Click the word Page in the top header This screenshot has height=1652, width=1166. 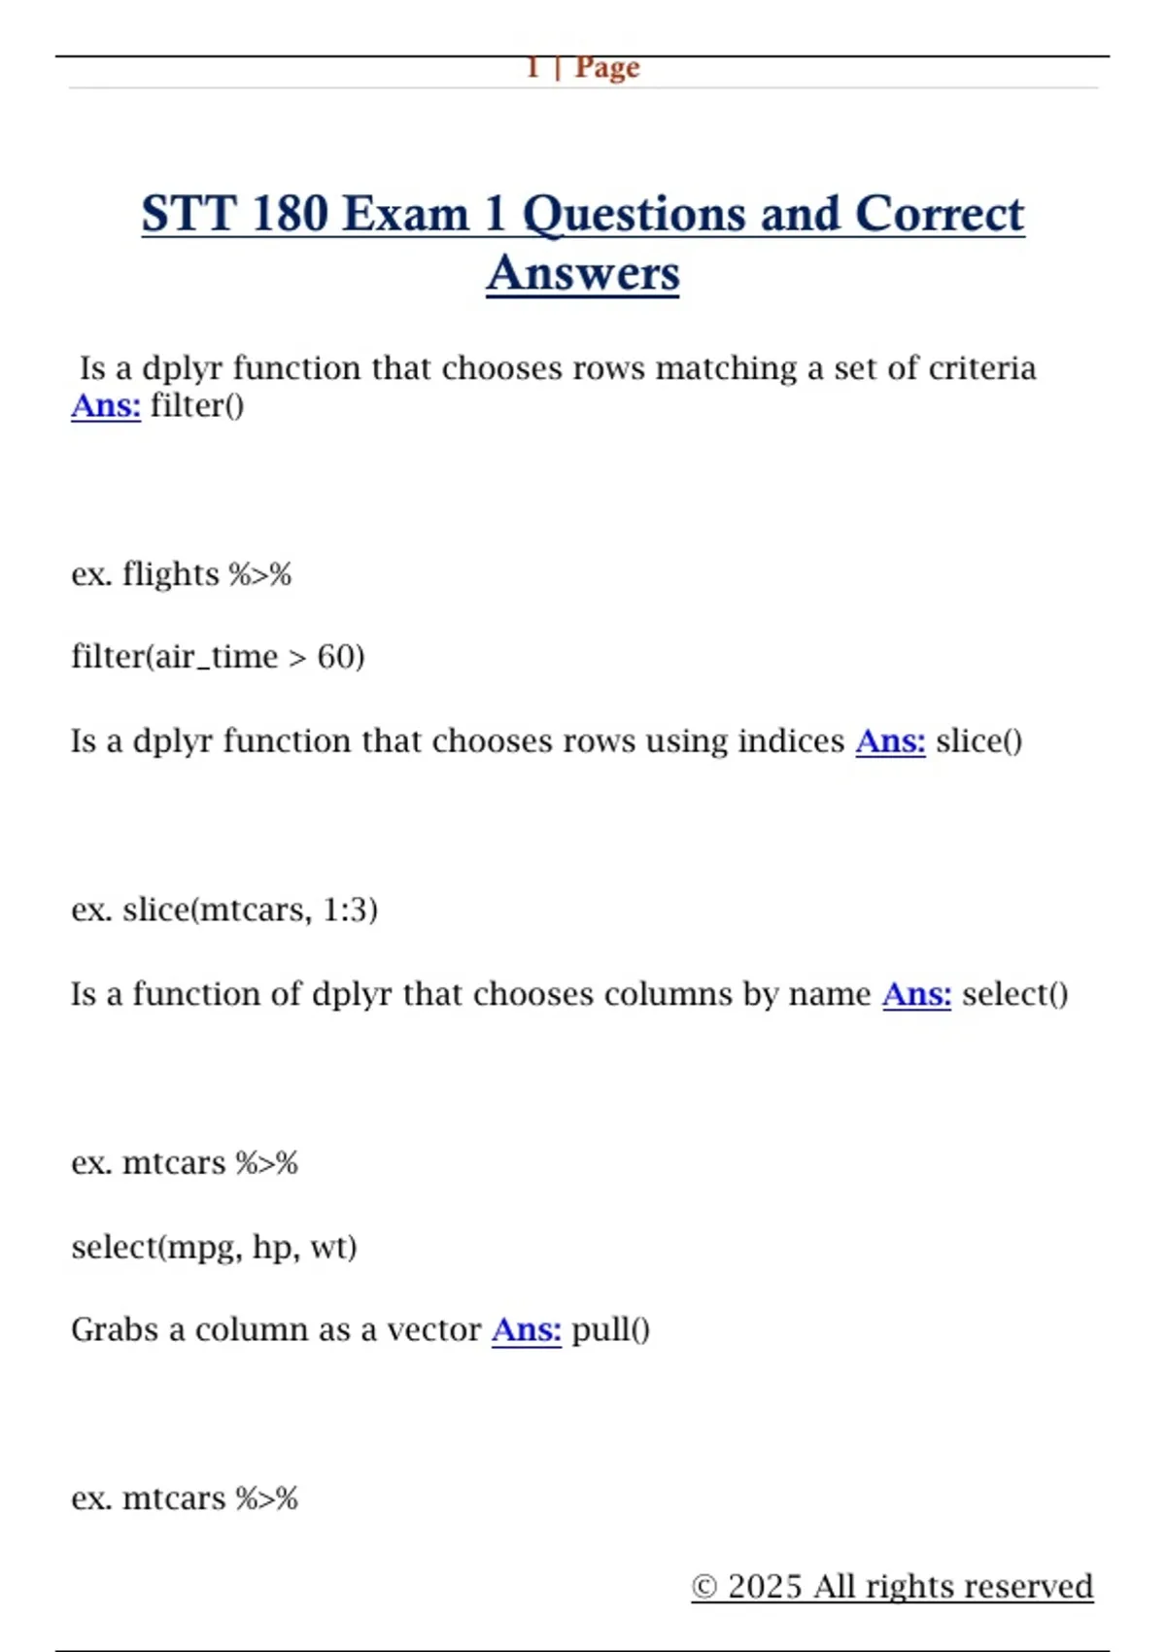607,68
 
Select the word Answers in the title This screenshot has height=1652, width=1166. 583,273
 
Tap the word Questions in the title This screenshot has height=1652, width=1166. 681,214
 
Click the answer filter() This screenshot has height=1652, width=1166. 197,405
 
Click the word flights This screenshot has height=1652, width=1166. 171,574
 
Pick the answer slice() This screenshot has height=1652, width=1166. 978,741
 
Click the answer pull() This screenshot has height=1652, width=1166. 610,1329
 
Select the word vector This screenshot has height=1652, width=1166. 433,1329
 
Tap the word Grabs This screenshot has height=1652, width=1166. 115,1329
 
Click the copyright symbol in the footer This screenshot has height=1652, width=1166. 704,1587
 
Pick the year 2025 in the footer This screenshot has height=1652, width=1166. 766,1587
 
